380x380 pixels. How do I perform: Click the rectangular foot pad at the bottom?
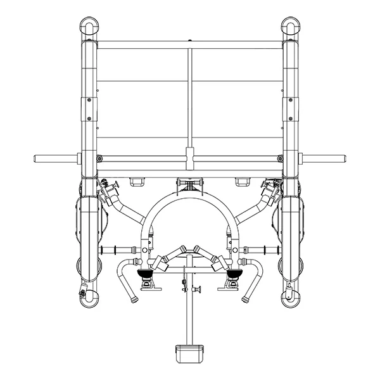[189, 350]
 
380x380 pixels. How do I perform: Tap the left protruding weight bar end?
[39, 158]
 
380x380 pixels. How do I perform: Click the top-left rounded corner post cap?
[88, 28]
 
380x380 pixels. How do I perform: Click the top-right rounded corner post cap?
[291, 28]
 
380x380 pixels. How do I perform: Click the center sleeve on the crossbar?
[189, 156]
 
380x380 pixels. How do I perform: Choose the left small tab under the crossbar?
[137, 182]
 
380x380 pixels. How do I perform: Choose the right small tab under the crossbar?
[242, 182]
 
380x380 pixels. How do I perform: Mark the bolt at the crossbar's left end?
[99, 158]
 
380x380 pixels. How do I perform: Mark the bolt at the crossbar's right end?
[280, 158]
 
